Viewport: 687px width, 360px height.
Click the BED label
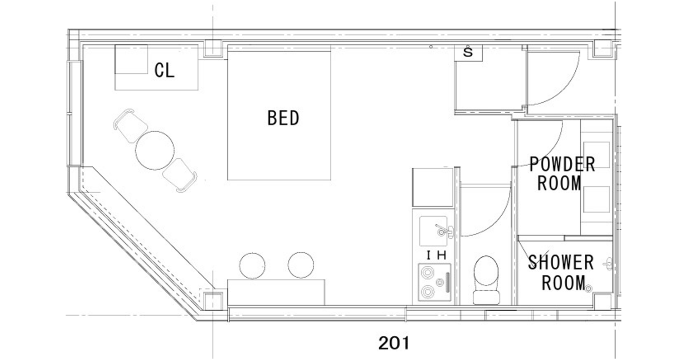[283, 118]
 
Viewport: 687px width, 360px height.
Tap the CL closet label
[164, 70]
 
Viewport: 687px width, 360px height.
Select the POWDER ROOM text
[562, 174]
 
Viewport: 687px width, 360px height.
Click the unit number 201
[394, 343]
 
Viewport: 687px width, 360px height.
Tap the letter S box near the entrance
[468, 53]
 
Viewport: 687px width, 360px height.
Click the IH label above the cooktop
[437, 255]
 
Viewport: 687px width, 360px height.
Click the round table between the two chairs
[155, 150]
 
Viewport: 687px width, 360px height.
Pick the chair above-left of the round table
[130, 125]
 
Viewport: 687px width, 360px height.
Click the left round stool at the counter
[252, 266]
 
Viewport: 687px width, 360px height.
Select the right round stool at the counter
[301, 265]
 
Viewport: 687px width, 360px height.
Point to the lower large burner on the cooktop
[427, 292]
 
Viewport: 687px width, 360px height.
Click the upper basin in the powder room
[596, 155]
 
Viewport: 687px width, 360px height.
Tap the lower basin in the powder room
[596, 199]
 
